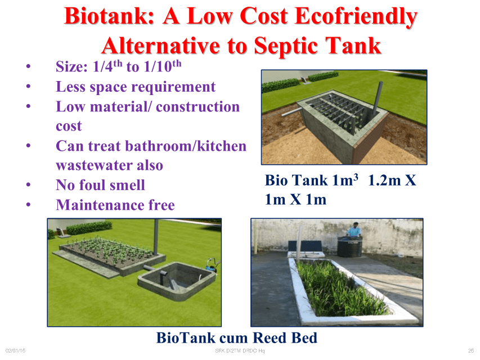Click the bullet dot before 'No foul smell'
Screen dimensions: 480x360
(29, 184)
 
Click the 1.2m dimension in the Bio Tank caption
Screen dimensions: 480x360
(384, 181)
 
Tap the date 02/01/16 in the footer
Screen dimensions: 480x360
(15, 351)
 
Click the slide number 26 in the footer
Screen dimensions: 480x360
(471, 351)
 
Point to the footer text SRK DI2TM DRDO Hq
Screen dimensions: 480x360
(240, 351)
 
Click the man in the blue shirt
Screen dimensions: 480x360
(355, 229)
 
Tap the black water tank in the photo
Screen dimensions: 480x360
(349, 246)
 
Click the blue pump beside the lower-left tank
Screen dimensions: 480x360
(211, 265)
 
